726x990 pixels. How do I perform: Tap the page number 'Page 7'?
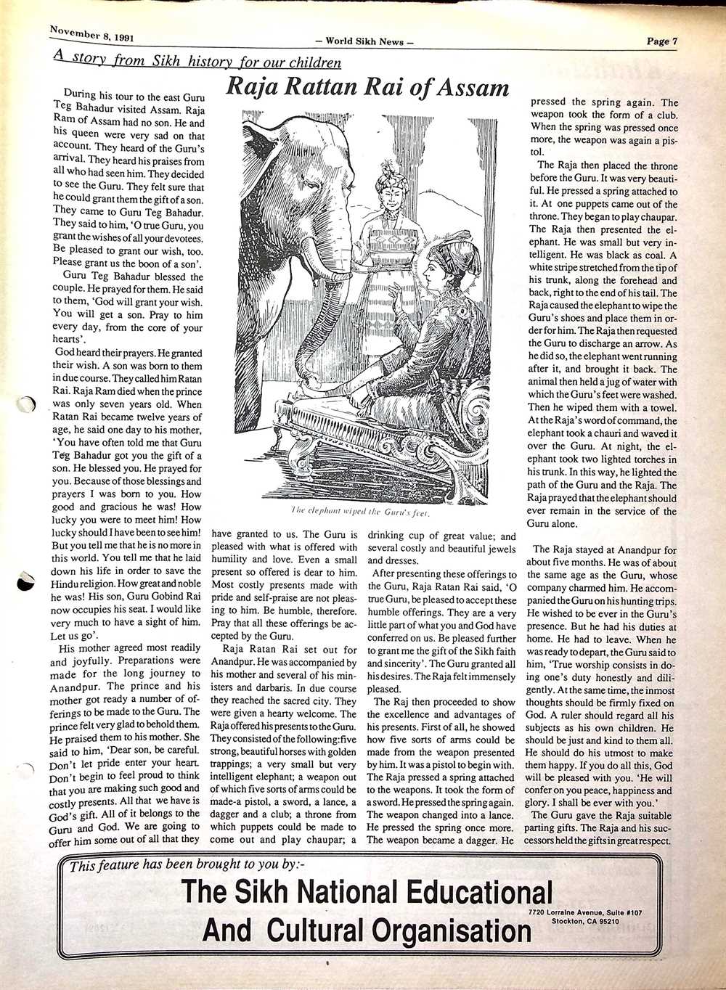coord(662,41)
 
